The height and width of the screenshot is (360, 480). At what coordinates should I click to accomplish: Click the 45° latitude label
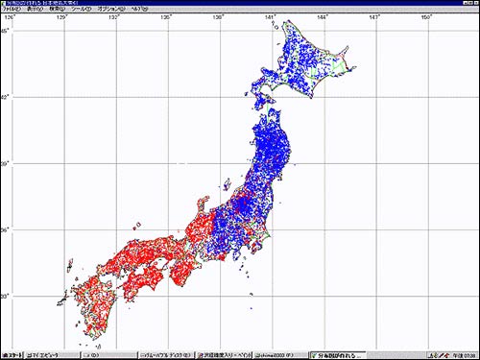pyautogui.click(x=5, y=32)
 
